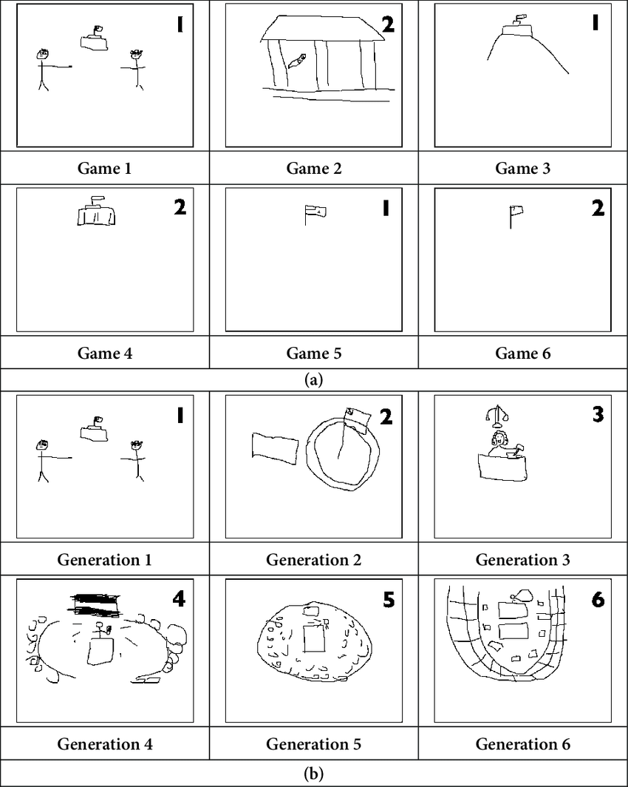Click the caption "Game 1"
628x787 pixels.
pos(104,168)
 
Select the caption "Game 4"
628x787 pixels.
pos(104,353)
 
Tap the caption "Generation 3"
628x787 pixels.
pos(522,559)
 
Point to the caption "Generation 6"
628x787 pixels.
pos(522,743)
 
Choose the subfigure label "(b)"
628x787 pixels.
pos(313,774)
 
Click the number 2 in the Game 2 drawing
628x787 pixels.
pos(387,25)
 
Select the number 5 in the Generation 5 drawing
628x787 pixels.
pos(387,600)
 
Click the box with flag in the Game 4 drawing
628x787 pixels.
pos(97,212)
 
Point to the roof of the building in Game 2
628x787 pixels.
pos(322,28)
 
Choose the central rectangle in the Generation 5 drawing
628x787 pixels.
pos(315,638)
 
